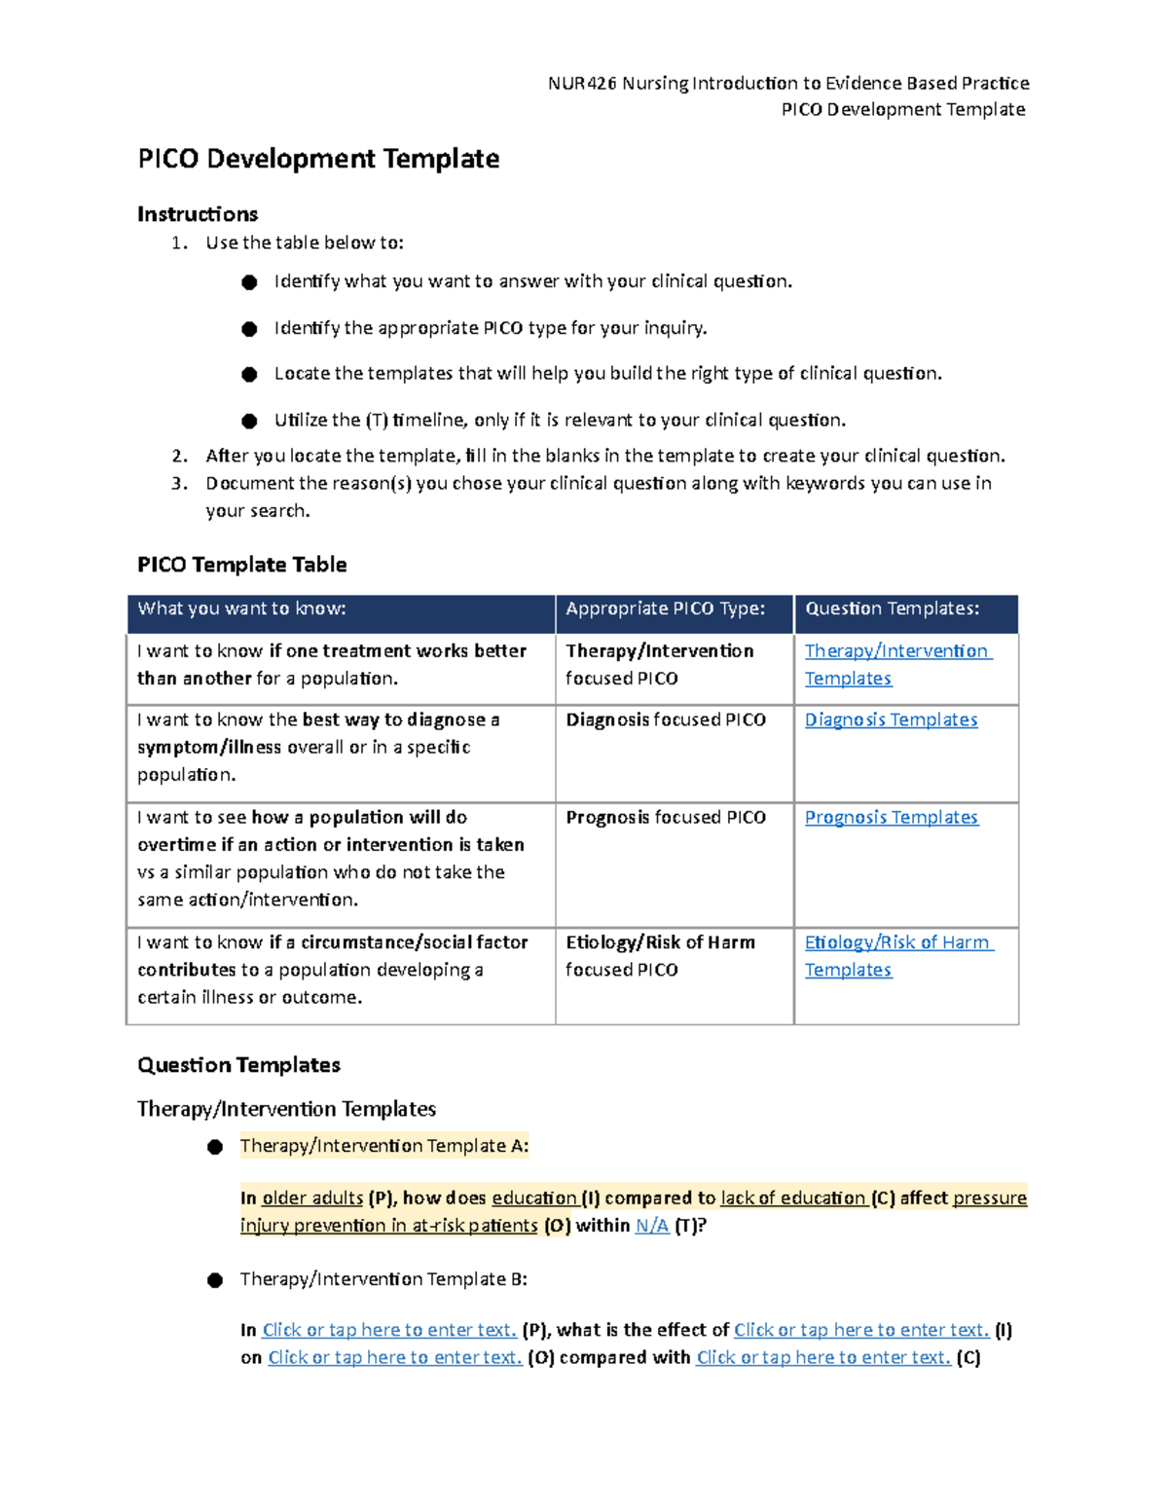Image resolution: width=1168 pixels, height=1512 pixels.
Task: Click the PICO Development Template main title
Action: tap(318, 159)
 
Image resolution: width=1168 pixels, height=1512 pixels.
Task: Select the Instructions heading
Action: tap(198, 214)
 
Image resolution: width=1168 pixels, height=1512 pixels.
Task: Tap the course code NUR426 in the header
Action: tap(582, 84)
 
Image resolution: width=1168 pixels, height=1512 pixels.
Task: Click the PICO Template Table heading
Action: tap(241, 565)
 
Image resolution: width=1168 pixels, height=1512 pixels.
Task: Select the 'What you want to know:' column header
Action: tap(241, 609)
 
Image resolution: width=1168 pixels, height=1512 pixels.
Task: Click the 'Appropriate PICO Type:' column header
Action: tap(665, 609)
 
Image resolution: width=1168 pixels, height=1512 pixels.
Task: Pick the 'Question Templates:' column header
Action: tap(892, 609)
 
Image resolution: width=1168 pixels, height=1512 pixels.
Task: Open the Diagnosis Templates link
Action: tap(891, 719)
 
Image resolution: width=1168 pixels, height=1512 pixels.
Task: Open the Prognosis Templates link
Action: tap(891, 818)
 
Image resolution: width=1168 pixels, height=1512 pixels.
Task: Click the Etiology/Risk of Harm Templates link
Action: tap(896, 942)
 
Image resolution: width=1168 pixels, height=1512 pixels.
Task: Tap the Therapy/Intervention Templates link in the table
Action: tap(896, 651)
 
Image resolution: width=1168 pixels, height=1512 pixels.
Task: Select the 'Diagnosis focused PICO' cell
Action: tap(666, 719)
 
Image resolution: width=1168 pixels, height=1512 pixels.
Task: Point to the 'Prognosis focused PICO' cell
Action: tap(666, 818)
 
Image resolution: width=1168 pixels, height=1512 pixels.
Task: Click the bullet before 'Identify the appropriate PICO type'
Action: tap(249, 329)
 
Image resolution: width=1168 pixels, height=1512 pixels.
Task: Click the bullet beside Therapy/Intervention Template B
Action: tap(215, 1280)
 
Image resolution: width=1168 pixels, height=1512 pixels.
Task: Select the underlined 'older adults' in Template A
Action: tap(312, 1199)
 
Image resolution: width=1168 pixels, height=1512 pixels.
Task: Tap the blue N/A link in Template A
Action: tap(651, 1226)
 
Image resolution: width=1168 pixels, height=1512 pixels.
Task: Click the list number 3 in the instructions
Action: tap(178, 484)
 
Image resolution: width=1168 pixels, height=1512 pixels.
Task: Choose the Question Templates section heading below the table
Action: tap(238, 1065)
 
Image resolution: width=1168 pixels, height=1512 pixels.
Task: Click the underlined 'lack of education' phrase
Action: tap(792, 1199)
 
